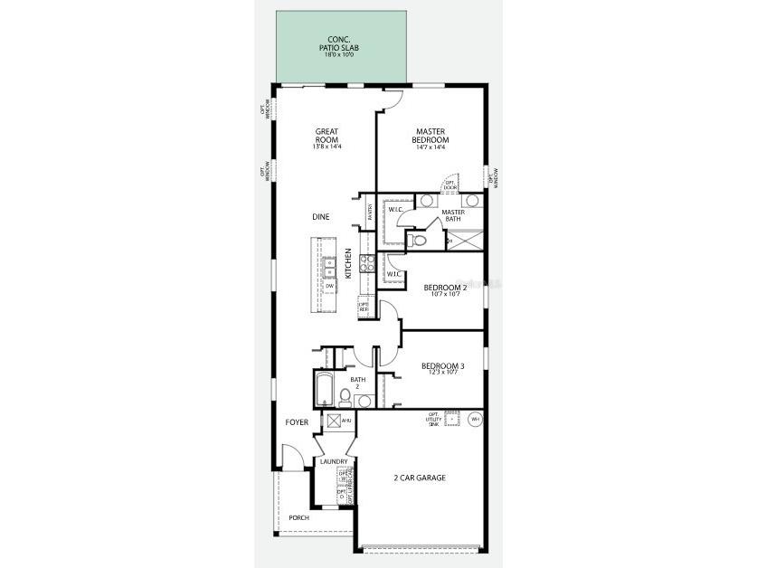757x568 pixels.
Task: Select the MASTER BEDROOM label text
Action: pos(431,136)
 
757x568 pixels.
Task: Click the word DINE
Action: pos(321,217)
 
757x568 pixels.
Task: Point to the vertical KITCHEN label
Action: pos(348,262)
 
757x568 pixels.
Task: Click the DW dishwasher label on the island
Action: pos(330,286)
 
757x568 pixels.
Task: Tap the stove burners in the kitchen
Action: pos(367,263)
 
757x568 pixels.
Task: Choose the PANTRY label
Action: pos(371,211)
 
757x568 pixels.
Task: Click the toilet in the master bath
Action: pos(415,240)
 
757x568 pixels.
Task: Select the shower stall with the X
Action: pos(465,241)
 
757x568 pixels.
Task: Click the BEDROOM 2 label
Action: pos(446,288)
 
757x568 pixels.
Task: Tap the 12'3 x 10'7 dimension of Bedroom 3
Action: pos(443,373)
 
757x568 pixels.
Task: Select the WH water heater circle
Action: pos(476,419)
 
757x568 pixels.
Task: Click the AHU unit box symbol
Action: pos(334,421)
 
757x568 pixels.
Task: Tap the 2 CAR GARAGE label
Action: pos(420,478)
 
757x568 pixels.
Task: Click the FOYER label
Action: pos(298,422)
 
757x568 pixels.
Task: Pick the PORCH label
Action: pos(298,517)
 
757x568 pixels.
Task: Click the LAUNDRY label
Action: pos(334,461)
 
